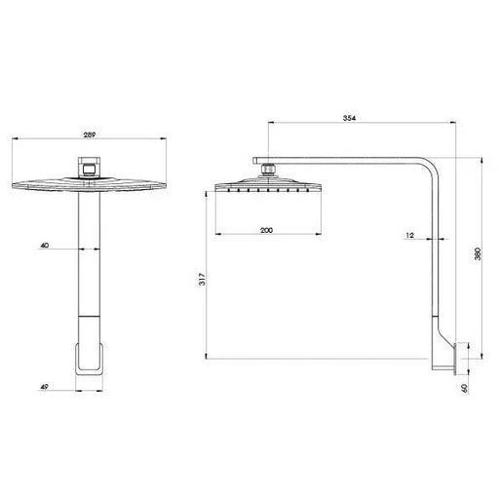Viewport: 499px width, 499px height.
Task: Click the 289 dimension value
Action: click(90, 134)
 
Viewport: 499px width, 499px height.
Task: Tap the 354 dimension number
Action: click(349, 118)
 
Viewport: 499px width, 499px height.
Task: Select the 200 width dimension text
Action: click(266, 230)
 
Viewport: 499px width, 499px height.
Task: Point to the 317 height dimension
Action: click(202, 279)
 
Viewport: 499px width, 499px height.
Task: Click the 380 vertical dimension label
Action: click(478, 253)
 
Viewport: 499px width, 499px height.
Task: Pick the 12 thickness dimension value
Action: click(410, 235)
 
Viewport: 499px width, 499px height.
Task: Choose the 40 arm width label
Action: click(44, 246)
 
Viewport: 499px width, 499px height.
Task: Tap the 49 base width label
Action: click(44, 387)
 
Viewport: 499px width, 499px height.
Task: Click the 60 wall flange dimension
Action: click(465, 388)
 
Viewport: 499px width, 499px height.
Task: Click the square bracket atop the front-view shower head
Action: click(90, 167)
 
